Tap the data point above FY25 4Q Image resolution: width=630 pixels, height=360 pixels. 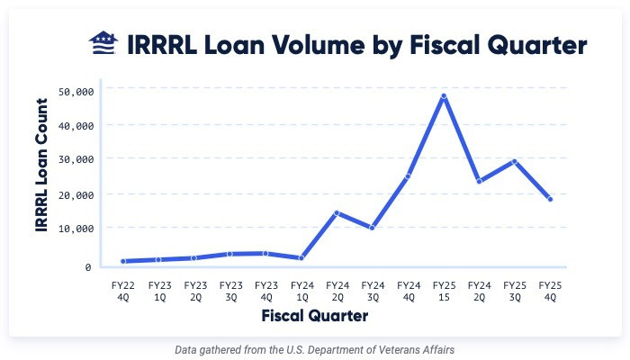click(550, 199)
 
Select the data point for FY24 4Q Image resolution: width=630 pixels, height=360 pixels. click(408, 176)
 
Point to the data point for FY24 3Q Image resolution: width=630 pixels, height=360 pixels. click(372, 228)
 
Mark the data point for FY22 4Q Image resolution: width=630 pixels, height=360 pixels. click(122, 261)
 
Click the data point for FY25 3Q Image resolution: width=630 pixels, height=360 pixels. click(514, 161)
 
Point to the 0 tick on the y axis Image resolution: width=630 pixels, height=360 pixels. click(88, 267)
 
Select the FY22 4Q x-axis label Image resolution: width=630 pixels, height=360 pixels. click(122, 289)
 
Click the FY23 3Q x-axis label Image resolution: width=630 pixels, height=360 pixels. click(230, 289)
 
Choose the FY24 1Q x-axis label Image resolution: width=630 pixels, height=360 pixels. click(301, 289)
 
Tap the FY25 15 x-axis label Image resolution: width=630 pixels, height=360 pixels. click(444, 289)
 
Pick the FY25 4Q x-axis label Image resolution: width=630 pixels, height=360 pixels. click(551, 289)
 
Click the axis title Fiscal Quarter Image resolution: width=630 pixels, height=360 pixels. click(315, 317)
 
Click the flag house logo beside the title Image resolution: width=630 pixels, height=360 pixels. click(103, 43)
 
